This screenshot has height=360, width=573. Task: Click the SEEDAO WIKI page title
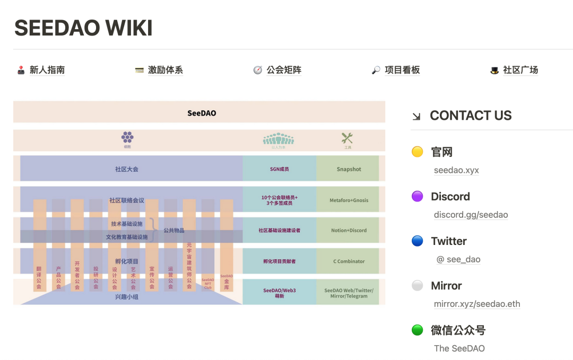pos(83,28)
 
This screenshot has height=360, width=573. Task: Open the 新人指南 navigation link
pos(47,70)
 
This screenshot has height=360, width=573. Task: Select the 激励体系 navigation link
pos(165,70)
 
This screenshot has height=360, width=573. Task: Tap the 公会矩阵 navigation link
pos(284,70)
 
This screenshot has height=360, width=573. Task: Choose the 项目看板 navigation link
pos(402,70)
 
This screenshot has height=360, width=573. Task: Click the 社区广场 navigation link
pos(520,70)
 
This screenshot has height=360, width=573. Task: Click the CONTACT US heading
pos(470,116)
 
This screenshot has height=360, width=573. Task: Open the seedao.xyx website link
pos(456,170)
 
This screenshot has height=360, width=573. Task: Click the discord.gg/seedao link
pos(471,215)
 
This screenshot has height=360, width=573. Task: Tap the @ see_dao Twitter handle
pos(458,259)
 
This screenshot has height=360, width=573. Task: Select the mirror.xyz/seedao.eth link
pos(476,304)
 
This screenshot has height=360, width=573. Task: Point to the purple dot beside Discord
pos(418,197)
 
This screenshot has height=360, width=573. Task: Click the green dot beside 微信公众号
pos(418,330)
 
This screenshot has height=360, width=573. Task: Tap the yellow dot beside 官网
pos(418,152)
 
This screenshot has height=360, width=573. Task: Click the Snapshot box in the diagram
pos(349,169)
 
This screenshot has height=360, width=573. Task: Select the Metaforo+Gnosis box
pos(349,200)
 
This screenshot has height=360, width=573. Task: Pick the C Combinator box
pos(349,261)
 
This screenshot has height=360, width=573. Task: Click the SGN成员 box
pos(279,169)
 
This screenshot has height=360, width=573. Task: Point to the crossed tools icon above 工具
pos(347,138)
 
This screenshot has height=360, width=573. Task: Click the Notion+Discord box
pos(349,231)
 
